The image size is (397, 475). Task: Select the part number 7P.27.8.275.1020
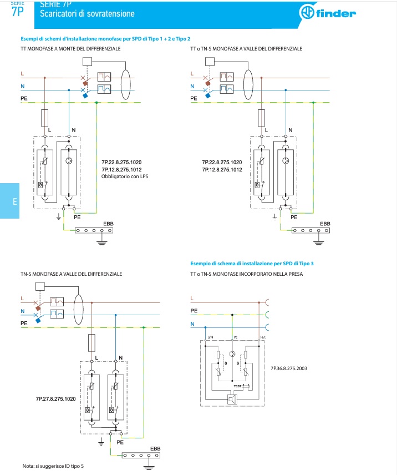tap(56, 399)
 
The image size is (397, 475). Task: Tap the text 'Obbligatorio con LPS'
tap(126, 176)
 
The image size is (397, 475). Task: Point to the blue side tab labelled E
tap(9, 201)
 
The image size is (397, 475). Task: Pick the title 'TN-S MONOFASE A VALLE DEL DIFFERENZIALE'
tap(72, 274)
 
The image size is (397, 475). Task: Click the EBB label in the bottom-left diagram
tap(155, 448)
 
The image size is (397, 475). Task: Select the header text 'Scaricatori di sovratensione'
tap(87, 13)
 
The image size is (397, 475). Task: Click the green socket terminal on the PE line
tap(268, 315)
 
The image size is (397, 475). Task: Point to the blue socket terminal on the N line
tap(268, 327)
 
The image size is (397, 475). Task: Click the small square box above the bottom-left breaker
tap(39, 287)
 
